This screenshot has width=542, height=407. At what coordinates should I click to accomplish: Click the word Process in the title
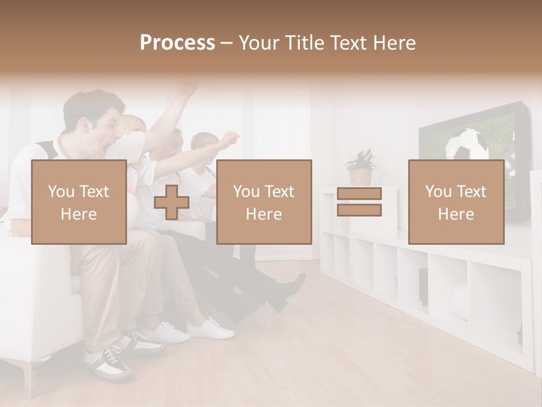pyautogui.click(x=177, y=43)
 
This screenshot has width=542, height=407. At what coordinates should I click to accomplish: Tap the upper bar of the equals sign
pyautogui.click(x=359, y=193)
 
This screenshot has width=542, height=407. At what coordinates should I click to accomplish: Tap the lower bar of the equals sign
pyautogui.click(x=359, y=210)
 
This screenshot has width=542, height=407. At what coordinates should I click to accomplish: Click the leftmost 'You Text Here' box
pyautogui.click(x=79, y=202)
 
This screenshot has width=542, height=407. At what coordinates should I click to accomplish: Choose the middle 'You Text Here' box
pyautogui.click(x=264, y=202)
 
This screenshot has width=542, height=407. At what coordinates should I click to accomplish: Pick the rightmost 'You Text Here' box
pyautogui.click(x=456, y=202)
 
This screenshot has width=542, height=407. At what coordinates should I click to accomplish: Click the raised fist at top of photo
pyautogui.click(x=189, y=87)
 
